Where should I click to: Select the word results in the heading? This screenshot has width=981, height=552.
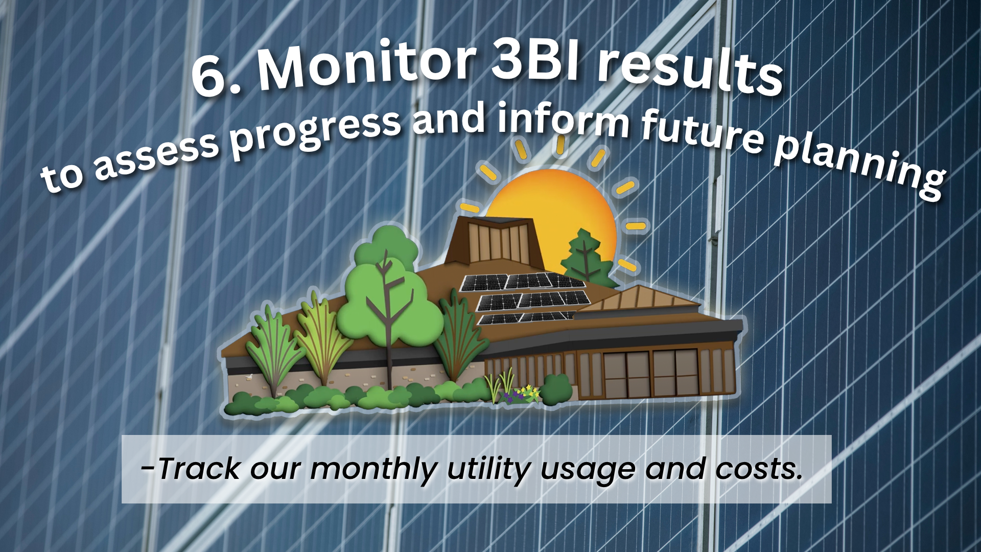click(690, 71)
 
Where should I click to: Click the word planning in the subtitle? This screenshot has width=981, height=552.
click(858, 164)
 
